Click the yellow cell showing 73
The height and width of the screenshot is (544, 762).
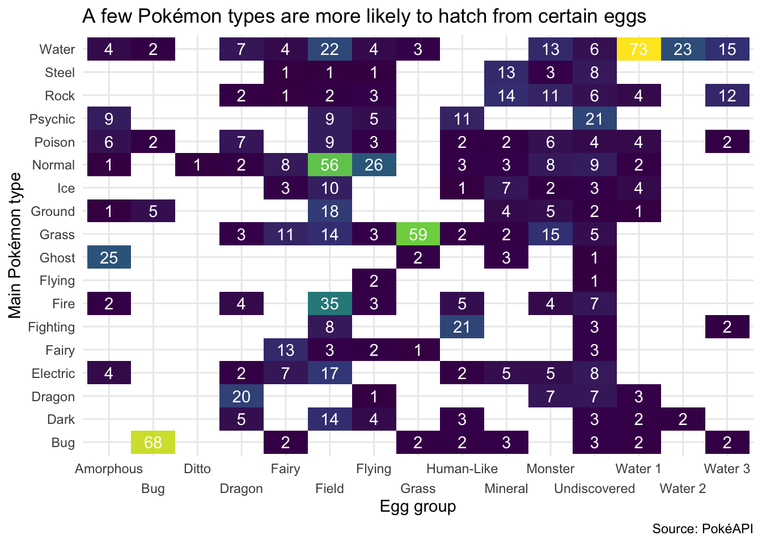[x=638, y=49]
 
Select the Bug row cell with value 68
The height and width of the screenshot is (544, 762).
[x=153, y=443]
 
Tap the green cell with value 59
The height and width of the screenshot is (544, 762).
[x=418, y=235]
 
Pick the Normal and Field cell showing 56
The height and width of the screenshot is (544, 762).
[x=329, y=165]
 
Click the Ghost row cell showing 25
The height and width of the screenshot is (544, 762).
[x=109, y=258]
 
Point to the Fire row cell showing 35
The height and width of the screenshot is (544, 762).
[x=329, y=304]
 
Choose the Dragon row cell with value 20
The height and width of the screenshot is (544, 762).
[x=241, y=396]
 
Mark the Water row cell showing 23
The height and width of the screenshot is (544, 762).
[x=683, y=49]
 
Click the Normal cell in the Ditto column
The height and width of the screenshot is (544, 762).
[x=197, y=165]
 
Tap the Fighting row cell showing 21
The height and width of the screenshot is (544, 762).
[x=462, y=327]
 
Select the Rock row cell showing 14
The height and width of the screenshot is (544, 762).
[x=506, y=96]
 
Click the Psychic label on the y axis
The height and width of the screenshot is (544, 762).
[x=52, y=119]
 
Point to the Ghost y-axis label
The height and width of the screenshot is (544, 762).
[x=57, y=258]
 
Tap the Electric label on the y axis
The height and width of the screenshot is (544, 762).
[x=53, y=373]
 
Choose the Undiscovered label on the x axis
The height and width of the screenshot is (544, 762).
[x=594, y=488]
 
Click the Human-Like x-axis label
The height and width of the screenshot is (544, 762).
[x=462, y=469]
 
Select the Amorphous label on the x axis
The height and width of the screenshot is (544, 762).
[x=109, y=469]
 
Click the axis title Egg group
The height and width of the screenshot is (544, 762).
[x=418, y=507]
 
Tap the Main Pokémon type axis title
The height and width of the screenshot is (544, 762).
[x=15, y=246]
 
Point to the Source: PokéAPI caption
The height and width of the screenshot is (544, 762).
[x=702, y=529]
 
